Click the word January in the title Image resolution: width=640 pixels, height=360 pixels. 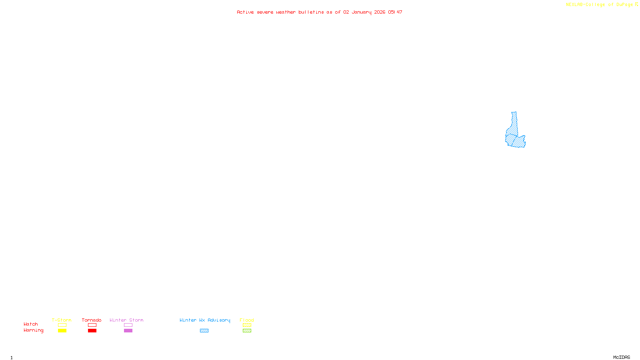[361, 12]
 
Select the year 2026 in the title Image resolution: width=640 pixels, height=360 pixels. [380, 12]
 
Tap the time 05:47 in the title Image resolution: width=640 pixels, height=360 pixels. [395, 12]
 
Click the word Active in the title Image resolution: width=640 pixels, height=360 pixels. [245, 12]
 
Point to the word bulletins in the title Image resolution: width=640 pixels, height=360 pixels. [311, 12]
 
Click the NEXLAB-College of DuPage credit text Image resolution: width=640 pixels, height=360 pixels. [599, 5]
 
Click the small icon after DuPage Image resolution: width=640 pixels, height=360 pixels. [636, 4]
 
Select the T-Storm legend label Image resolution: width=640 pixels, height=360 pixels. [62, 320]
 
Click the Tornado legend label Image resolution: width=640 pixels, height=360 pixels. [92, 320]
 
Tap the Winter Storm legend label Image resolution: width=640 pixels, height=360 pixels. [126, 320]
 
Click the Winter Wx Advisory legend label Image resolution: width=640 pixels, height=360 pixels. [205, 320]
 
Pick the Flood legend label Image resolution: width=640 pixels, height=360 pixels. [247, 320]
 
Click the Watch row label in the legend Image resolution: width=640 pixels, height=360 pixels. [31, 324]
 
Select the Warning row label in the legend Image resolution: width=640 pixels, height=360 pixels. [33, 330]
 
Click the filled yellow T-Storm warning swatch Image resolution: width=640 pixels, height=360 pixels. [62, 331]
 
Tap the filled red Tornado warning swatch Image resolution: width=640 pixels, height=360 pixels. [92, 331]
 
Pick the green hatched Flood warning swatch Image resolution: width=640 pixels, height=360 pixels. [247, 331]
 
